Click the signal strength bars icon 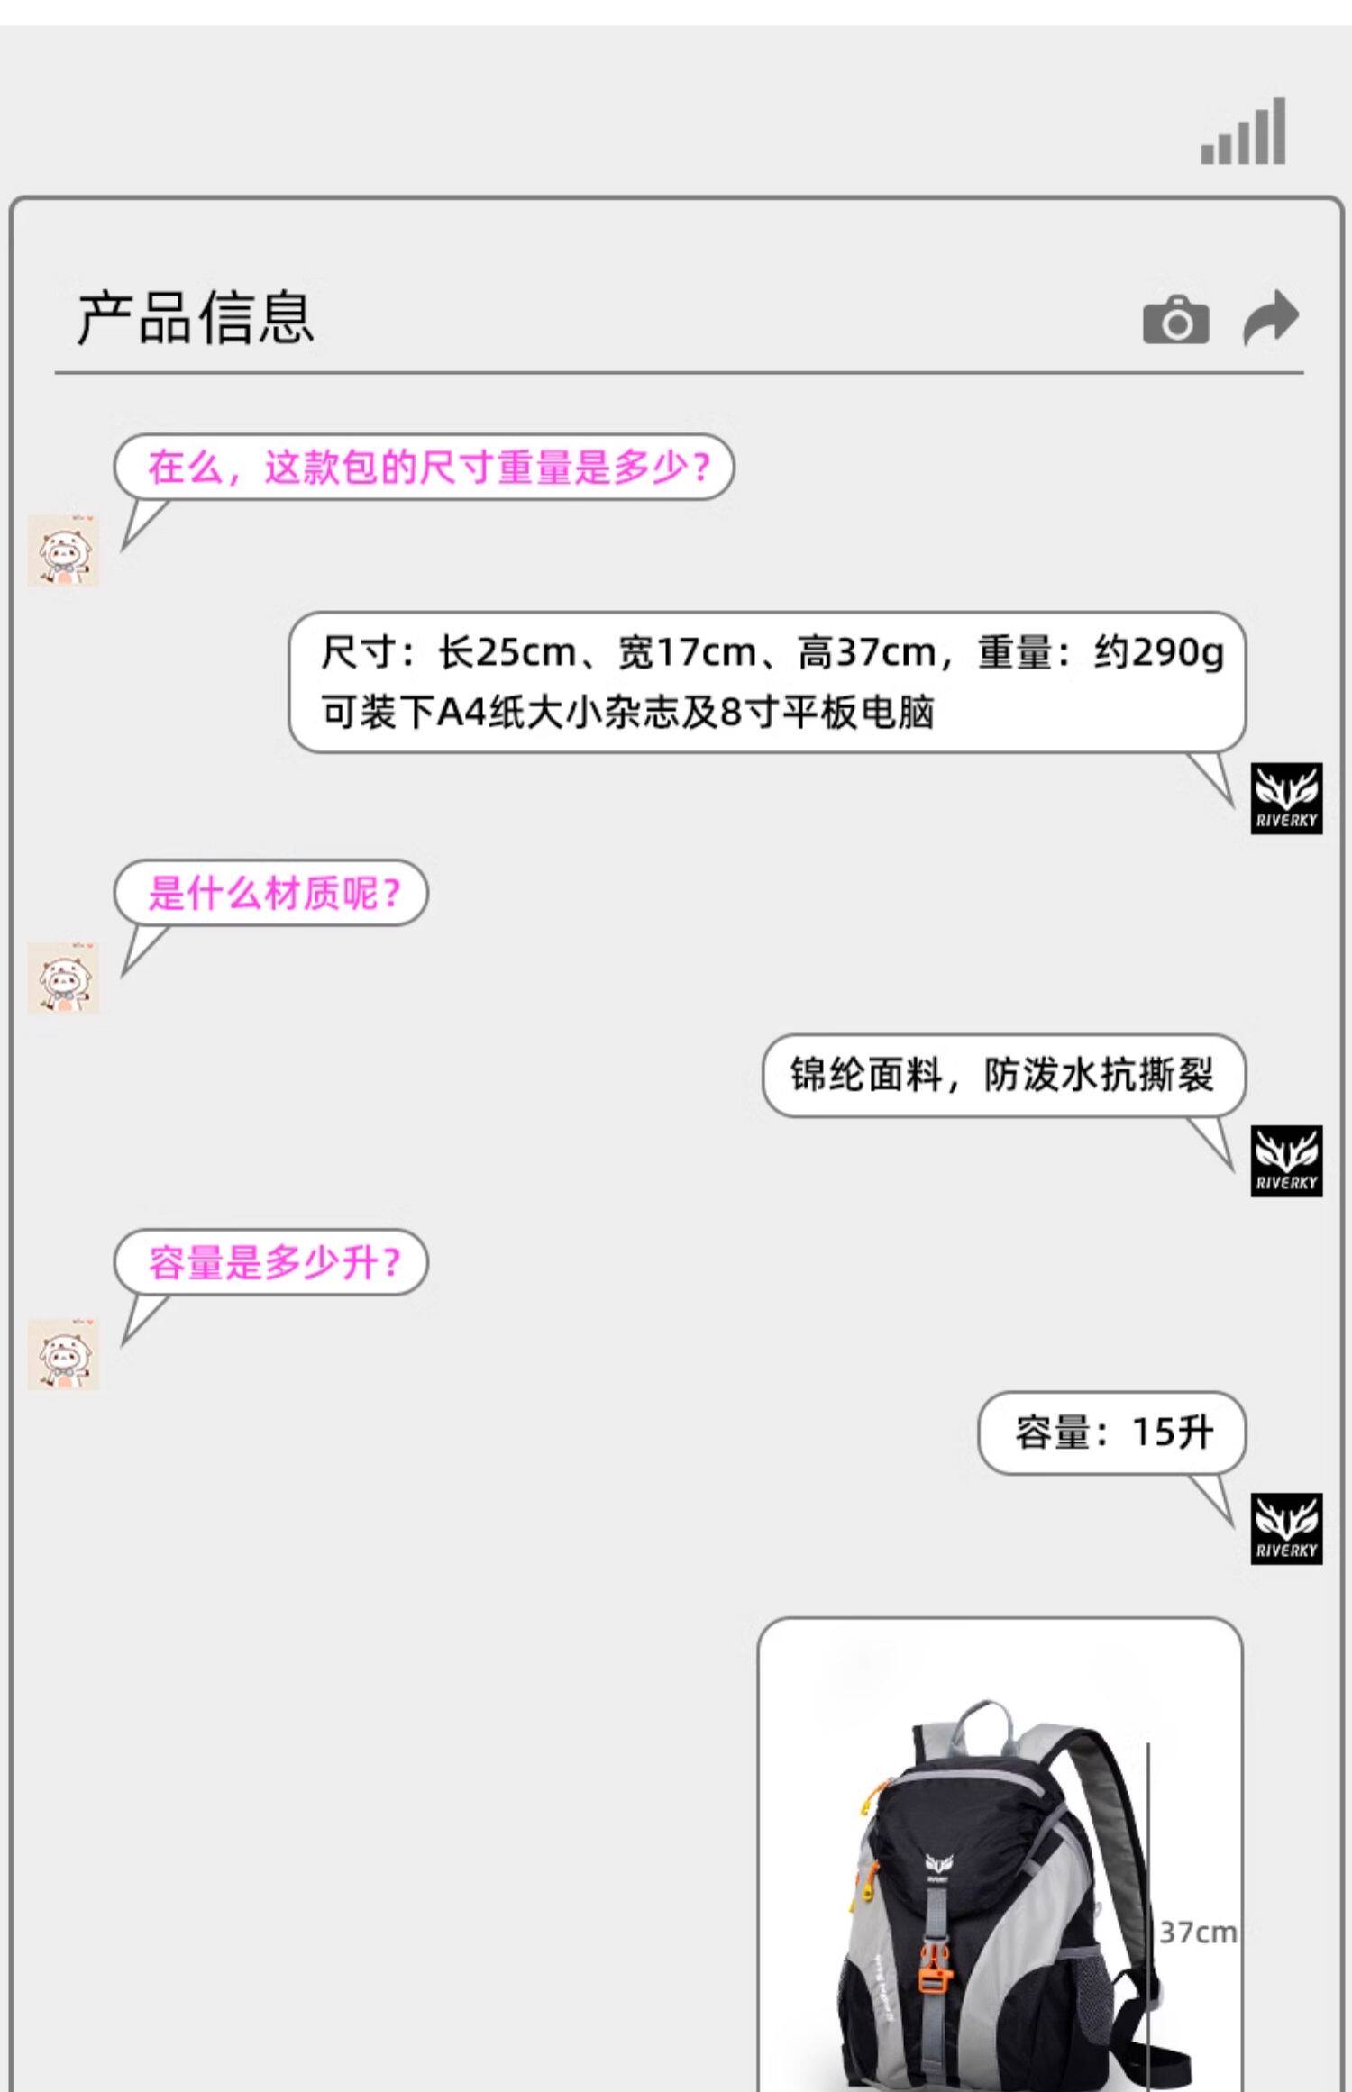click(1243, 132)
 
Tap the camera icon click(1175, 320)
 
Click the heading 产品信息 click(196, 318)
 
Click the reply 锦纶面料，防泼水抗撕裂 click(1002, 1075)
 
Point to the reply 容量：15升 click(1113, 1432)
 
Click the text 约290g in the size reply click(1159, 652)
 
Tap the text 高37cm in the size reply click(866, 652)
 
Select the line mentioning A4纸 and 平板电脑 click(627, 713)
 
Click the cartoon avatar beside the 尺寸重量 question click(63, 550)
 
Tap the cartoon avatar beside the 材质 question click(63, 978)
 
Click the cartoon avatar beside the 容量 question click(63, 1354)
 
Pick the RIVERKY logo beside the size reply click(1286, 798)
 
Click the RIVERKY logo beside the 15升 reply click(1286, 1528)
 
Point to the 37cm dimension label click(1197, 1933)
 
